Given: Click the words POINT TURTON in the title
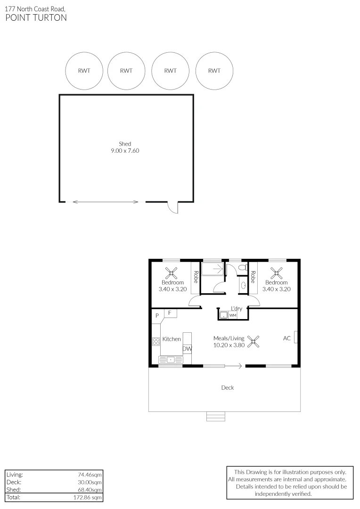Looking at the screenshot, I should [x=36, y=18].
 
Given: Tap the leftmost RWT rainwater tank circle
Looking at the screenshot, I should [x=84, y=71].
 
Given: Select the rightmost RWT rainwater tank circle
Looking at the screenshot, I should [x=214, y=71].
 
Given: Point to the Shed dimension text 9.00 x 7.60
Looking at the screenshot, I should [x=125, y=151].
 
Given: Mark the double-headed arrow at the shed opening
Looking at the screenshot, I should [x=106, y=202].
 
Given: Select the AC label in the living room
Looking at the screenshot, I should [x=286, y=338].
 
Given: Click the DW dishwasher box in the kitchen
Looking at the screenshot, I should [x=187, y=349].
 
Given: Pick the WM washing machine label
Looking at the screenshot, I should [x=232, y=315].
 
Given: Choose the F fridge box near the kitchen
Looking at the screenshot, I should [x=170, y=313].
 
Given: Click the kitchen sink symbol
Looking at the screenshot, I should [x=171, y=360].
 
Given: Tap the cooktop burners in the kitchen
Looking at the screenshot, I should [x=156, y=342].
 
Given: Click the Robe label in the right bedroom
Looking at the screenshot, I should [x=253, y=277].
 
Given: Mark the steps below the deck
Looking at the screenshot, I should [x=216, y=416].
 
